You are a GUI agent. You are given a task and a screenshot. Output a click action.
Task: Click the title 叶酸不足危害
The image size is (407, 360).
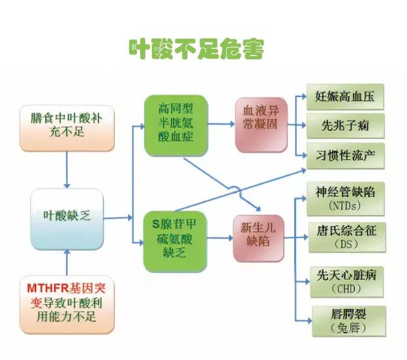click(196, 49)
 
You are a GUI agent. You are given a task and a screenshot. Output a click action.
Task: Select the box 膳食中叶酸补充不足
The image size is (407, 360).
click(67, 128)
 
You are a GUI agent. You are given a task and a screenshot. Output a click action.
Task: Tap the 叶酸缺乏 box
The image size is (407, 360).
click(67, 219)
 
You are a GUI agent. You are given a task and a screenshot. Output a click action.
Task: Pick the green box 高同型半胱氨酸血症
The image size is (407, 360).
click(176, 126)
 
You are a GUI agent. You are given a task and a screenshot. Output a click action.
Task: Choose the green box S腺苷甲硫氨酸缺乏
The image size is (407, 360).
click(175, 242)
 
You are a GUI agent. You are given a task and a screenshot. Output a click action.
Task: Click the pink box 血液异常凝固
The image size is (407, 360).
click(261, 125)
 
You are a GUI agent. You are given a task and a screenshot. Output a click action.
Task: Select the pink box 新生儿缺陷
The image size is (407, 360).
click(258, 238)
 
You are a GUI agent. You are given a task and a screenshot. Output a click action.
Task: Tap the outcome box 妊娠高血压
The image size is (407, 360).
click(345, 97)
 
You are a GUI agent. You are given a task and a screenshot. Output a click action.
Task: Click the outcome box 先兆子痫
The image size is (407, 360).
click(346, 126)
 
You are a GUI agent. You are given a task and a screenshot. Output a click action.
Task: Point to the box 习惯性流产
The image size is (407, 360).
click(346, 156)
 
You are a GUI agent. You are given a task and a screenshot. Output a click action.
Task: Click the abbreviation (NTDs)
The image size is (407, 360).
click(345, 206)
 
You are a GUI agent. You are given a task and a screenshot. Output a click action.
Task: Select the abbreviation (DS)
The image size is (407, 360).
click(346, 245)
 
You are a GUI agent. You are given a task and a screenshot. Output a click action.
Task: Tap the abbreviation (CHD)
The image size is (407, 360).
click(346, 289)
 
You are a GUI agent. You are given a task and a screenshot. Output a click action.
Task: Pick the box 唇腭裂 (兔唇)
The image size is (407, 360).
click(349, 322)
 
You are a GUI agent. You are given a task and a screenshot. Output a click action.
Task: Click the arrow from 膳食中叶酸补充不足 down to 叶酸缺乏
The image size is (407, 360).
click(67, 170)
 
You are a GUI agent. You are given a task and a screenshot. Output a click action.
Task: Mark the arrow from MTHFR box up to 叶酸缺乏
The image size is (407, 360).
click(67, 262)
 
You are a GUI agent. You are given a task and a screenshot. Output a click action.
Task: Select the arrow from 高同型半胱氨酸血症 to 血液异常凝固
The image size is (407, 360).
click(222, 124)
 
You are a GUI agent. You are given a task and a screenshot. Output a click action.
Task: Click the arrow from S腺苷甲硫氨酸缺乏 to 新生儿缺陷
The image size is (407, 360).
click(220, 238)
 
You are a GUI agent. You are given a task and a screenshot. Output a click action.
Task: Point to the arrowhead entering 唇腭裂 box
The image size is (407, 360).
click(309, 321)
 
